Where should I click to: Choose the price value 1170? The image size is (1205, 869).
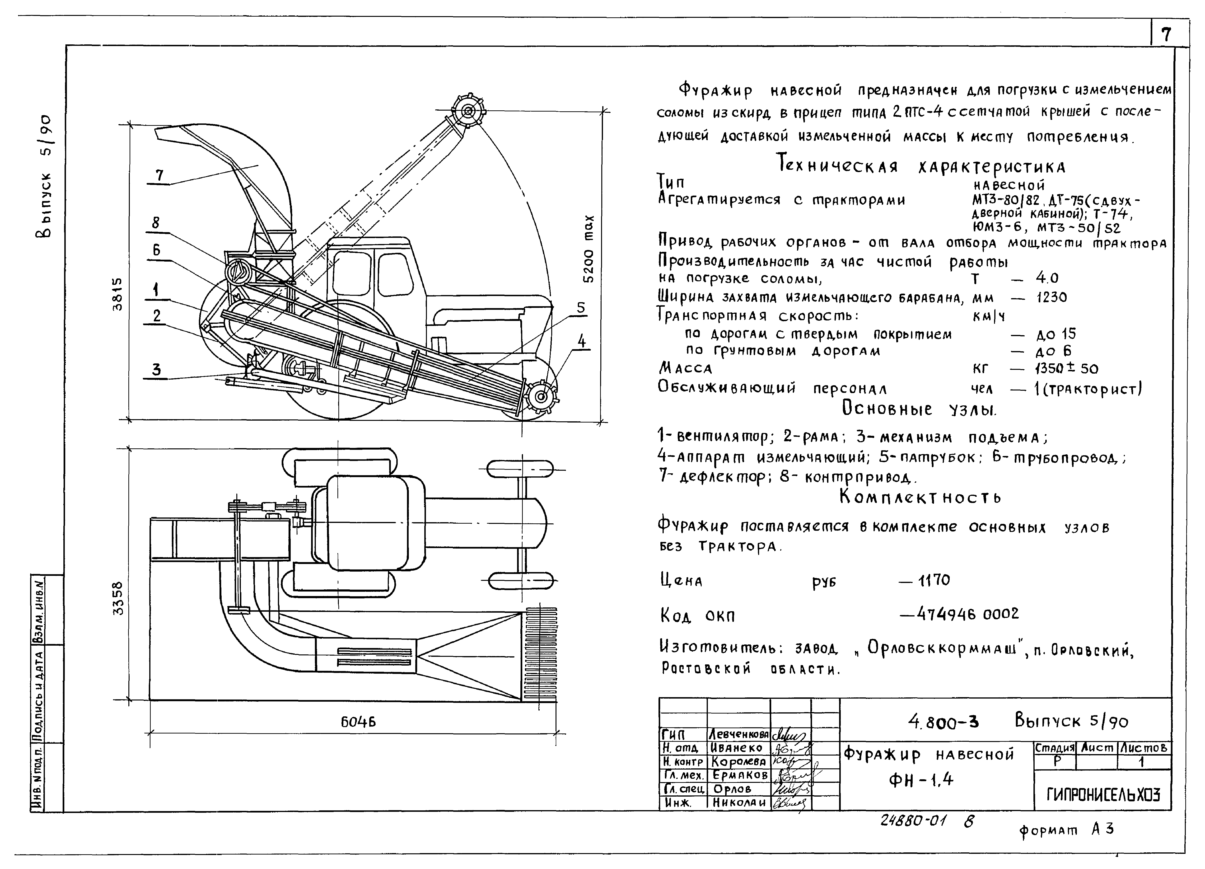(934, 580)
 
